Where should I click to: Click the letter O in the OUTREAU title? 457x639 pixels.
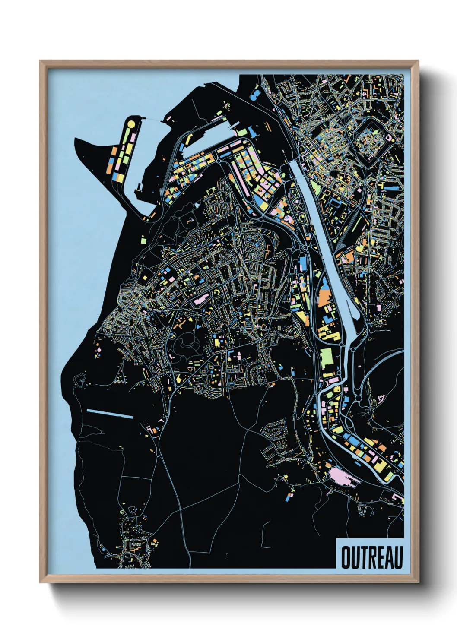[346, 558]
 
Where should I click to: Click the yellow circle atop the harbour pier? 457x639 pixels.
[131, 124]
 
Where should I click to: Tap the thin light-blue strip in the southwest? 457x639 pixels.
[110, 414]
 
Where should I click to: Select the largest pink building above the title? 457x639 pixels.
[342, 477]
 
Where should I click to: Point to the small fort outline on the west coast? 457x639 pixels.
[80, 379]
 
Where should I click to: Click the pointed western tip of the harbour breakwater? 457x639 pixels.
[76, 139]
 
